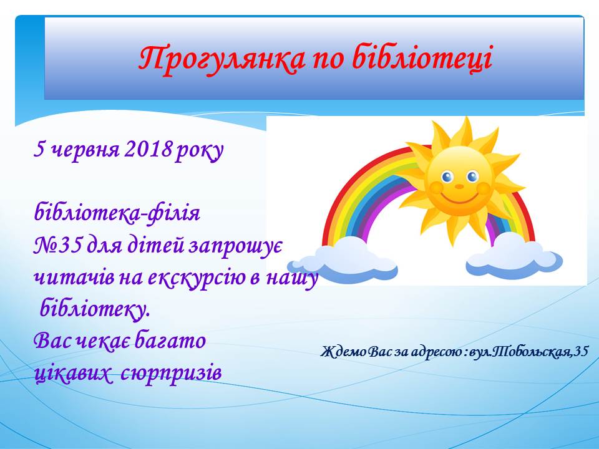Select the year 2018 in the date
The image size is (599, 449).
[148, 149]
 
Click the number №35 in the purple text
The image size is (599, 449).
[57, 245]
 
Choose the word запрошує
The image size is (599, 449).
[235, 246]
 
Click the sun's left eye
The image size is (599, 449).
[447, 176]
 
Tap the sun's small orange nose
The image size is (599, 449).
[459, 186]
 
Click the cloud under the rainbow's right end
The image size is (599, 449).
[514, 254]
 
